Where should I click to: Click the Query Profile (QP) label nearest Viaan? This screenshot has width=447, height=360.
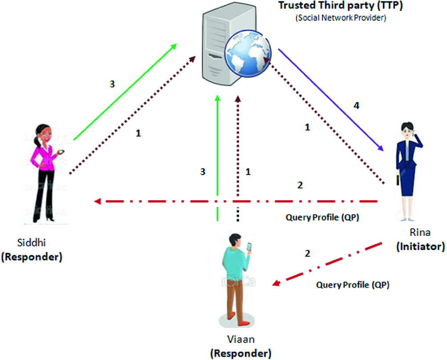click(353, 285)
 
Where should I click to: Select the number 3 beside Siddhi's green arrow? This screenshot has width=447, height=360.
click(113, 84)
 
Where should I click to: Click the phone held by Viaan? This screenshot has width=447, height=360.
click(249, 246)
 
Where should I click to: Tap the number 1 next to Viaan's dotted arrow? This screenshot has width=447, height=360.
click(249, 171)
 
